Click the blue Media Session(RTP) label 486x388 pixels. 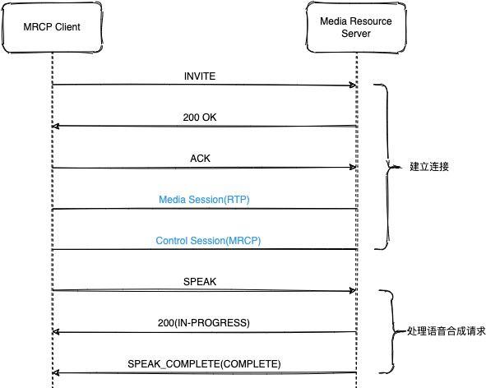point(204,200)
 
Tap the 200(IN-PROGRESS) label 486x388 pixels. point(204,322)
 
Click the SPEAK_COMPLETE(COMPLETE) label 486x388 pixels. point(204,363)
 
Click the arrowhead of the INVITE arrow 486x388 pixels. point(353,85)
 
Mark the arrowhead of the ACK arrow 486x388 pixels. point(353,168)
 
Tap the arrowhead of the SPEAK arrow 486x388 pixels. point(353,291)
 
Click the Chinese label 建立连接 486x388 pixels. point(429,167)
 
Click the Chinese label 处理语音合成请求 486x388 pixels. point(447,331)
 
